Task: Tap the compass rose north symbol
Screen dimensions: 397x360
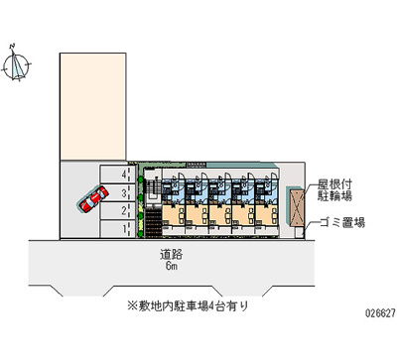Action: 17,66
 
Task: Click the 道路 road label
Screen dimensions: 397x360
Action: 171,255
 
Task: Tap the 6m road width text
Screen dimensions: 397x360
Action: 171,268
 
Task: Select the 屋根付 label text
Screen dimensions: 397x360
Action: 332,183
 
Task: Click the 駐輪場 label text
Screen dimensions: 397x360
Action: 332,197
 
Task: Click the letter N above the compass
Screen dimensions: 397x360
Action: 10,46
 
